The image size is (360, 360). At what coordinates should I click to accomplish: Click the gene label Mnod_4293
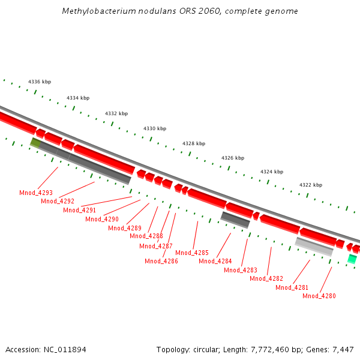36,193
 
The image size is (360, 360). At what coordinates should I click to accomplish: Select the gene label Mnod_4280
319,296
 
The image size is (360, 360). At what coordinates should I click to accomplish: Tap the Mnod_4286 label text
161,261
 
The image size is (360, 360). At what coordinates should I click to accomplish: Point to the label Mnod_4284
215,261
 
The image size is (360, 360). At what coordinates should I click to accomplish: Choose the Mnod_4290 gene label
102,219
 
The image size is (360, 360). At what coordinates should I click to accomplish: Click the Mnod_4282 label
266,278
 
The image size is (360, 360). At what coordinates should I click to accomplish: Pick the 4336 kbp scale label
40,82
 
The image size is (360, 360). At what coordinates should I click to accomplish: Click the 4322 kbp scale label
311,185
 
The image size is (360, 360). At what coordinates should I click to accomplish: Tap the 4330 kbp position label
155,128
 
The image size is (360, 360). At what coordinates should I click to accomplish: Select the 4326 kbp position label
233,158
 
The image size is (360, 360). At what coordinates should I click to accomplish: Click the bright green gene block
352,259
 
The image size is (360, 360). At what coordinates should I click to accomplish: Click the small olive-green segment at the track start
35,143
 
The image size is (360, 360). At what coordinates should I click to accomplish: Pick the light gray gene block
314,247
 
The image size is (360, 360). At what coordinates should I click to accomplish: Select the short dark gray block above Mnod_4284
235,220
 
